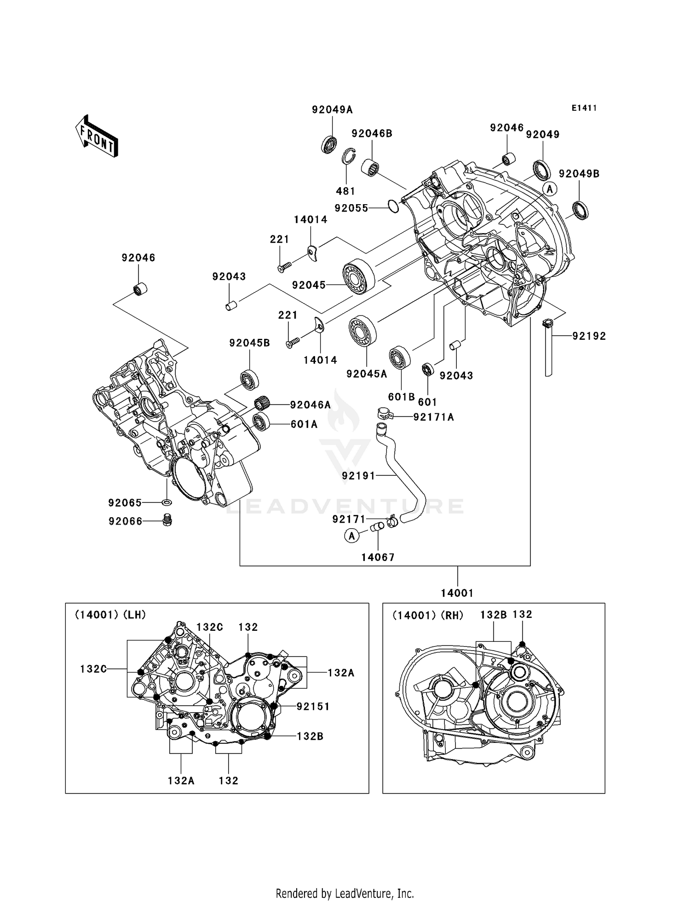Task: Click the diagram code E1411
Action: pos(584,108)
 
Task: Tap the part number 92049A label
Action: pos(332,110)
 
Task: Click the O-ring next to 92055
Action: pos(392,206)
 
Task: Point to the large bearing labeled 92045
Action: pos(359,275)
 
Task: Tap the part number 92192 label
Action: pos(589,336)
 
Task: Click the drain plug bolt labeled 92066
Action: pos(167,520)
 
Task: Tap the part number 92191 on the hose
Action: pos(358,476)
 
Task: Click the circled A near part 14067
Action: pos(352,536)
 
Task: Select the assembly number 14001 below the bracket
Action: pos(457,593)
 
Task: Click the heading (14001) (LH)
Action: pos(110,615)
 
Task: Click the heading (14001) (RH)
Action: pos(428,615)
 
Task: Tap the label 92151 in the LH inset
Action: pos(313,706)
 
